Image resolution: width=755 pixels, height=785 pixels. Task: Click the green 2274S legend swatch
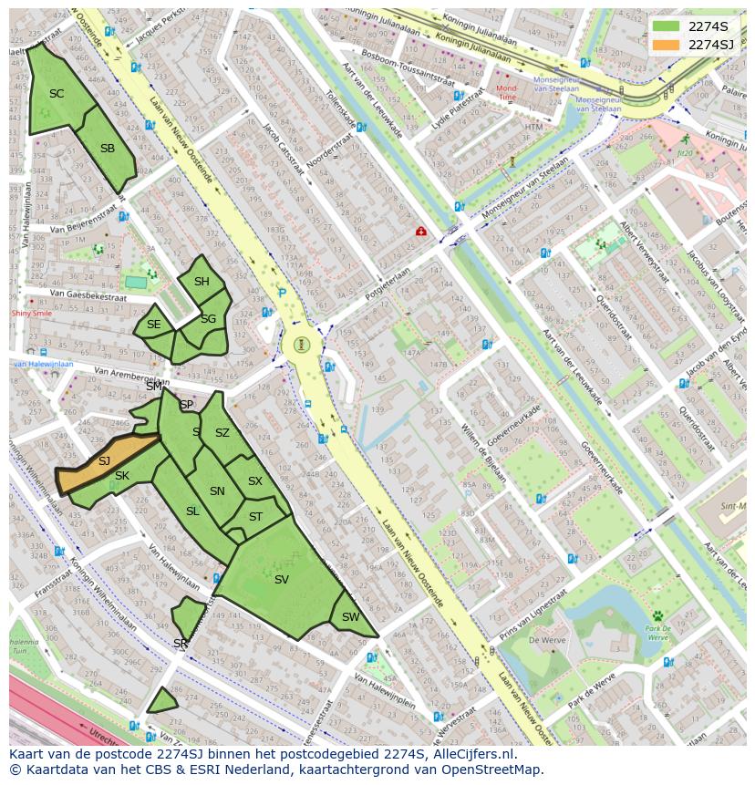click(666, 26)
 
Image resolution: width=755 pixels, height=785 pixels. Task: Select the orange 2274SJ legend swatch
click(666, 45)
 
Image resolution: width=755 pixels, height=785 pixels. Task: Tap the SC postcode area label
click(57, 94)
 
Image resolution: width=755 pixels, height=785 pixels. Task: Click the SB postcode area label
click(108, 149)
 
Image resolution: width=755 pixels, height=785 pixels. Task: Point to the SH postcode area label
click(202, 282)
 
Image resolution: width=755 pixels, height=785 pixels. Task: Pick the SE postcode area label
click(153, 325)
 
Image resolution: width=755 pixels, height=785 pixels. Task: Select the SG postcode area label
click(208, 319)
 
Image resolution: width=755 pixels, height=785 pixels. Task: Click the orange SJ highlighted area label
click(104, 461)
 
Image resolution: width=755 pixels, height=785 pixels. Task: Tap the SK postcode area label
click(122, 476)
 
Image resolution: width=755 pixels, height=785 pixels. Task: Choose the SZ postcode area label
click(222, 433)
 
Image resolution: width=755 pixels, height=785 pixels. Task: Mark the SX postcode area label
click(255, 481)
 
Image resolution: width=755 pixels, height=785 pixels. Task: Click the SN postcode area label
click(217, 491)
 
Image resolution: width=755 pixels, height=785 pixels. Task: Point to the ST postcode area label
click(255, 517)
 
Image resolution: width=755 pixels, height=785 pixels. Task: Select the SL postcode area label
click(192, 511)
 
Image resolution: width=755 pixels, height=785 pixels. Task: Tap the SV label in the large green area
click(281, 579)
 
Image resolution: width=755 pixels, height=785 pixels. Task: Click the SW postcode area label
click(350, 617)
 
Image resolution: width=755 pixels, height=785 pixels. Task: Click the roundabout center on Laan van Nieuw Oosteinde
click(302, 346)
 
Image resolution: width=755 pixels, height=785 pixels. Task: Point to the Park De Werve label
click(658, 633)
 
